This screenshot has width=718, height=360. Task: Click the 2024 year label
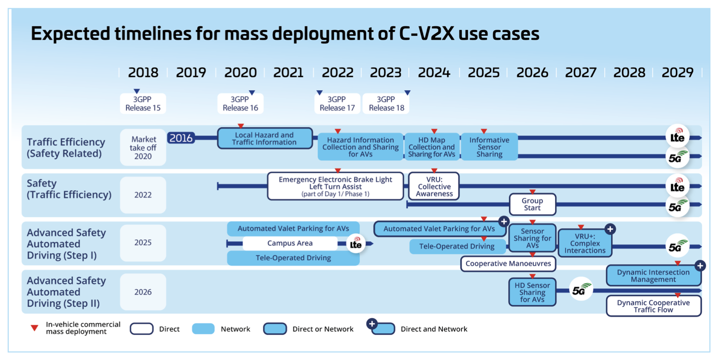point(434,72)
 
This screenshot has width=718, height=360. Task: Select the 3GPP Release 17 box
point(337,103)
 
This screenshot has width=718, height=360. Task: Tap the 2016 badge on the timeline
point(181,138)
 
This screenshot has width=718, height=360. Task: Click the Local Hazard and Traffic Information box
point(265,138)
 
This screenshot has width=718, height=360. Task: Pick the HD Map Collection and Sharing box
point(431,147)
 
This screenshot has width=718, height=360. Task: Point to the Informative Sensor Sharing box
point(489,147)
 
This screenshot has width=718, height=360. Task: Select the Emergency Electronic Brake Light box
point(335,186)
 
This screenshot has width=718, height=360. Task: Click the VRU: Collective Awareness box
point(434,186)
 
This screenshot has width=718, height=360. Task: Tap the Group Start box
point(533,204)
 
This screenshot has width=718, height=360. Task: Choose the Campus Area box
point(290,243)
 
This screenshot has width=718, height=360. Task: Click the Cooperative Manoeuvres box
point(508,263)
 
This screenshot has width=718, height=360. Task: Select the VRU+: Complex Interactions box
point(585,243)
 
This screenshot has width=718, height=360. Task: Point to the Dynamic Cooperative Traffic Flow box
point(654,306)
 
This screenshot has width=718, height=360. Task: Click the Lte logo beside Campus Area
point(356,243)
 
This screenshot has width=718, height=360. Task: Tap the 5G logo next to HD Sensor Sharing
point(581,289)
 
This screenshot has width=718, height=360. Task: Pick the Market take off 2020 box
point(143,148)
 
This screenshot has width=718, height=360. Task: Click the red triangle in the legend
point(34,328)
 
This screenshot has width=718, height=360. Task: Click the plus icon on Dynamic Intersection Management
point(700,266)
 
